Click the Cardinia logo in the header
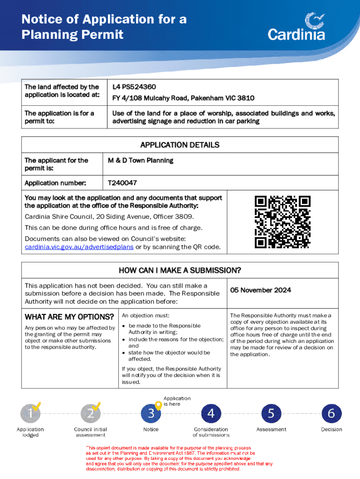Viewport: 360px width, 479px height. click(296, 27)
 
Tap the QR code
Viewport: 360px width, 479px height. click(282, 222)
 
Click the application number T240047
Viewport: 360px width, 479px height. click(122, 183)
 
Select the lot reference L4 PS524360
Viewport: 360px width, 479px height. click(134, 87)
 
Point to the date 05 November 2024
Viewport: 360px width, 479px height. click(260, 290)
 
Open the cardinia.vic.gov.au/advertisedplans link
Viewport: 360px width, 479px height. click(79, 247)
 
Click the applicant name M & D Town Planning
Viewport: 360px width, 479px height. click(141, 160)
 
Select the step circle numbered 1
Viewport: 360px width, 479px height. click(30, 413)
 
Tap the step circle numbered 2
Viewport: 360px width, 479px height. click(90, 413)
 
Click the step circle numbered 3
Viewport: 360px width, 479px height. click(151, 413)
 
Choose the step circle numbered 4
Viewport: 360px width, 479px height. click(211, 413)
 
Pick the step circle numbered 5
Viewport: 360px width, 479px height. click(271, 413)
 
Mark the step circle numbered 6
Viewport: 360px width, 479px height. click(331, 413)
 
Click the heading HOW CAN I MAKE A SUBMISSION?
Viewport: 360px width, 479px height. click(180, 270)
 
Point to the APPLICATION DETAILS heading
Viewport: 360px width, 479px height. click(180, 145)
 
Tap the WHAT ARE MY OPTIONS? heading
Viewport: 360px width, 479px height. click(69, 317)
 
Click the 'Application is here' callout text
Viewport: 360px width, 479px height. click(177, 401)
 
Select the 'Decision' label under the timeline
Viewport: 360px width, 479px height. click(331, 429)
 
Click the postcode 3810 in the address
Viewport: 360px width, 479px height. click(245, 98)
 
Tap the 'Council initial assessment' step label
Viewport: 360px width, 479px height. click(90, 432)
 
